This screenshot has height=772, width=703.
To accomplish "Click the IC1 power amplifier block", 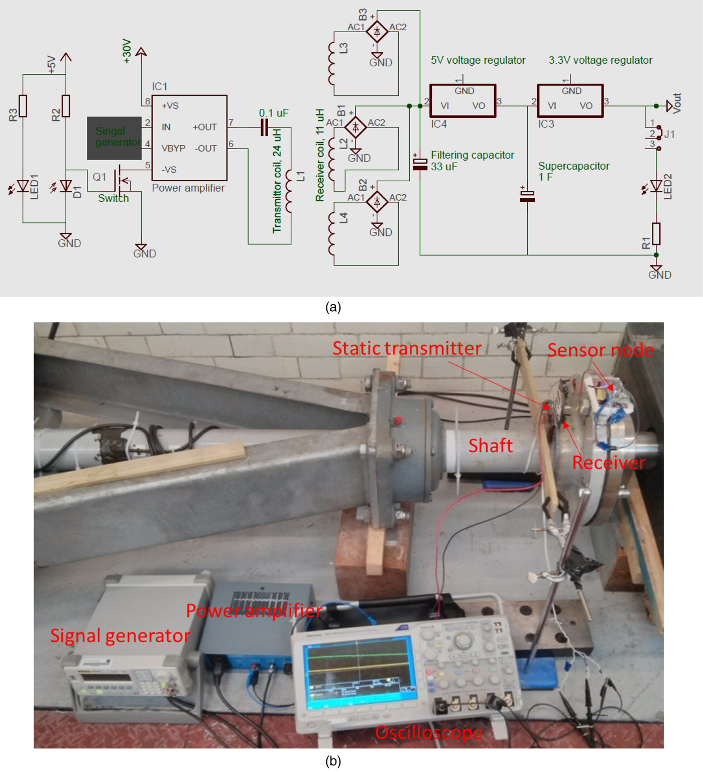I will (x=189, y=138).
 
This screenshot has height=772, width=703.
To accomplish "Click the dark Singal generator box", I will (x=114, y=138).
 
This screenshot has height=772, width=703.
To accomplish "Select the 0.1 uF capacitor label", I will (x=274, y=113).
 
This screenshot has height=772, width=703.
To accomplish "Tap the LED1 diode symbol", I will (x=23, y=186).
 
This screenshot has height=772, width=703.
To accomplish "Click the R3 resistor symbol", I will (x=23, y=106).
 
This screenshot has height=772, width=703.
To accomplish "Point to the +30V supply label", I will (x=127, y=51).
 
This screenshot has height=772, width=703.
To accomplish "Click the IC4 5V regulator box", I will (x=463, y=101).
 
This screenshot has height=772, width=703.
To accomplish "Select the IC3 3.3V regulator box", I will (x=570, y=101).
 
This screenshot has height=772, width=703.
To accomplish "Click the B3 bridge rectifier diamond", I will (x=377, y=32).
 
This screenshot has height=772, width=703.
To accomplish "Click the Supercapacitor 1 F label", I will (x=573, y=171).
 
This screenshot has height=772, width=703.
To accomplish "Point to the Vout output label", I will (x=676, y=103).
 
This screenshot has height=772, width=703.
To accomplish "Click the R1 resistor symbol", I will (x=656, y=233).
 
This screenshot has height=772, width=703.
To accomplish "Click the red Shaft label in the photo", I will (x=490, y=446).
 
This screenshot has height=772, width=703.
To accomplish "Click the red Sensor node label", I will (x=600, y=350).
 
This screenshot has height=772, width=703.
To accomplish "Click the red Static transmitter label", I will (x=407, y=348).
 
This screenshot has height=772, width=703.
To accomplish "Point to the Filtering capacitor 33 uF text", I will (x=472, y=161).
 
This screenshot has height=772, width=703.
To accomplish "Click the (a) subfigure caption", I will (x=333, y=307).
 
